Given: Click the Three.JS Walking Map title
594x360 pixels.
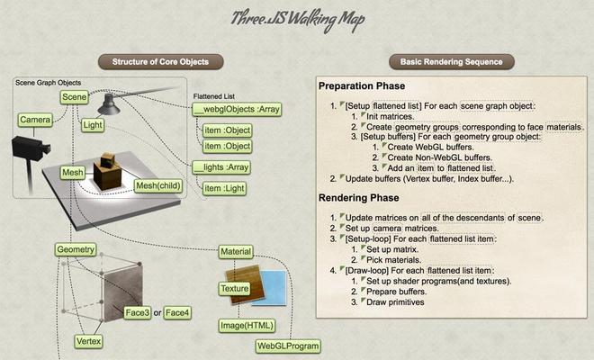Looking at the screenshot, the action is [x=298, y=20].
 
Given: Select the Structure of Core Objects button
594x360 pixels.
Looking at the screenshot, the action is [x=160, y=62].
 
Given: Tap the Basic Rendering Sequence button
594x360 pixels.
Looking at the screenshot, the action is [x=452, y=62].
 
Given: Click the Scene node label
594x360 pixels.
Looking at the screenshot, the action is [x=74, y=97].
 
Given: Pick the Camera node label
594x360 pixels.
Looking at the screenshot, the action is [x=35, y=120].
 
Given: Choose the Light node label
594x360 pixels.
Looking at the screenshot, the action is [x=93, y=125].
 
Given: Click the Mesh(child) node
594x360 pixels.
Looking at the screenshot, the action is [x=158, y=185].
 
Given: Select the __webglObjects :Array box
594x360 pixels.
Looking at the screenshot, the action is [x=237, y=109].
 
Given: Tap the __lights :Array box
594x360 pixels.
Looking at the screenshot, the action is [x=221, y=167].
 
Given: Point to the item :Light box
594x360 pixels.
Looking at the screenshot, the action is [x=224, y=188].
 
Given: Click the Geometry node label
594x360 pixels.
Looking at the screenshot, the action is [x=76, y=249].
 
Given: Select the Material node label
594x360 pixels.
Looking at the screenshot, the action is [x=236, y=252].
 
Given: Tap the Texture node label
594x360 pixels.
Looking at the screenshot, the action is [x=235, y=289].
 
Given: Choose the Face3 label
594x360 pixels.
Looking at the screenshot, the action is [x=138, y=313].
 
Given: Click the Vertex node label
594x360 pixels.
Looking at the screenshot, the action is [x=88, y=341].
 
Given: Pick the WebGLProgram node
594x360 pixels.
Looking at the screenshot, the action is [x=288, y=346].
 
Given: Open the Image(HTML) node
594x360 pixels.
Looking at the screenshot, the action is [x=247, y=326].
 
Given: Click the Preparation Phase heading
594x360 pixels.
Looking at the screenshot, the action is [x=362, y=86].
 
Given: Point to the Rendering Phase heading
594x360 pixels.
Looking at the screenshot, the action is [x=359, y=198].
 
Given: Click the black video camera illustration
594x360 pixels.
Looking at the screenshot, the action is [x=30, y=148].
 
